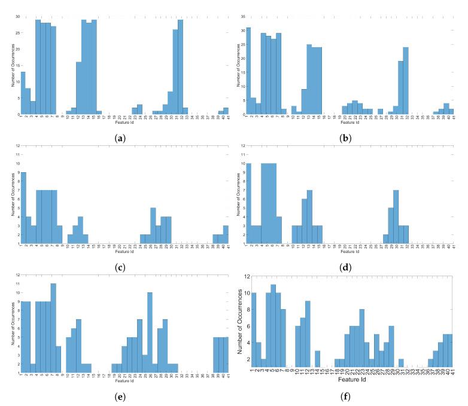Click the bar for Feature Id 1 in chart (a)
(23, 93)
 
